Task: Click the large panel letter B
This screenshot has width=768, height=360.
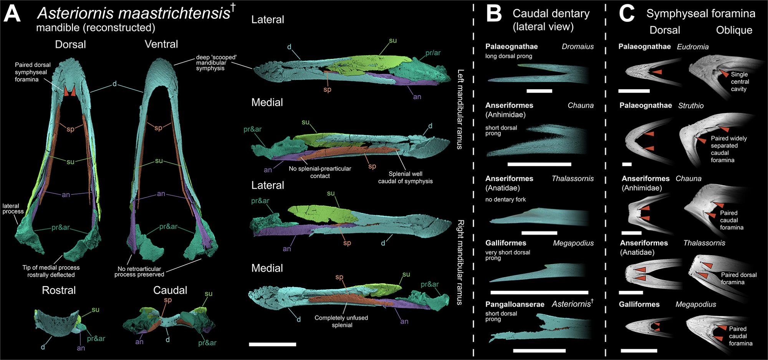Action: [x=494, y=14]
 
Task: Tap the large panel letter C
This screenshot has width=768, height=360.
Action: [x=626, y=14]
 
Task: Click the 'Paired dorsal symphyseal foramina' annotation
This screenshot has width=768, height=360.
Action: [x=32, y=72]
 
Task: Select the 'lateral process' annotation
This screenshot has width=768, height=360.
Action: [x=13, y=209]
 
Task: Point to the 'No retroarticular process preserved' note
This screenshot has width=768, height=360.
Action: [x=139, y=272]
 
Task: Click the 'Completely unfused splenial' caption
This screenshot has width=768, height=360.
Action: [x=341, y=321]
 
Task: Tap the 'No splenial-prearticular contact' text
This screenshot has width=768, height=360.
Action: [x=320, y=172]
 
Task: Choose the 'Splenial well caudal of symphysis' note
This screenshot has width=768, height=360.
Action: [x=405, y=178]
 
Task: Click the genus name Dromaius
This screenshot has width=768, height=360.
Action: [x=578, y=46]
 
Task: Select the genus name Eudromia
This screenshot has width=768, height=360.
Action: [x=693, y=47]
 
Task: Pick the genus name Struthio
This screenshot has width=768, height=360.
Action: [x=691, y=106]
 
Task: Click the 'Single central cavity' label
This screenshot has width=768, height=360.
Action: [x=739, y=81]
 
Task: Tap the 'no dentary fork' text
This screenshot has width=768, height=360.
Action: [x=505, y=199]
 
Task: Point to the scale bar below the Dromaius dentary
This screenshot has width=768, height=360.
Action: [x=539, y=91]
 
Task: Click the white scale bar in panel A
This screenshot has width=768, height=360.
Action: [x=272, y=344]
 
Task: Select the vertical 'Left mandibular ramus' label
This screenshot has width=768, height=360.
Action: [x=460, y=109]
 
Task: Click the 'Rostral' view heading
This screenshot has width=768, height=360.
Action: [x=59, y=290]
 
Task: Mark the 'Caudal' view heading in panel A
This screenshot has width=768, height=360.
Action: [x=170, y=290]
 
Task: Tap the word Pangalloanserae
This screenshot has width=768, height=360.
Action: [x=515, y=305]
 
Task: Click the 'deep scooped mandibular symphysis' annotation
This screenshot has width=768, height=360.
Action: [x=216, y=63]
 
